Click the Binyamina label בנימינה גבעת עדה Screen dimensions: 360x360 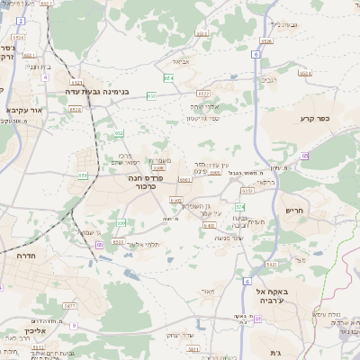pos(97,91)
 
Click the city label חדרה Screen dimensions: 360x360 pos(18,256)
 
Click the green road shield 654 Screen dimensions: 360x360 pos(168,78)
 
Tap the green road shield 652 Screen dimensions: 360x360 pos(119,133)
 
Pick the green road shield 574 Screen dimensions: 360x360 pos(240,207)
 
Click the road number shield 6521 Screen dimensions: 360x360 pos(204,93)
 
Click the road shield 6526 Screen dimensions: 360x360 pos(265,40)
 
